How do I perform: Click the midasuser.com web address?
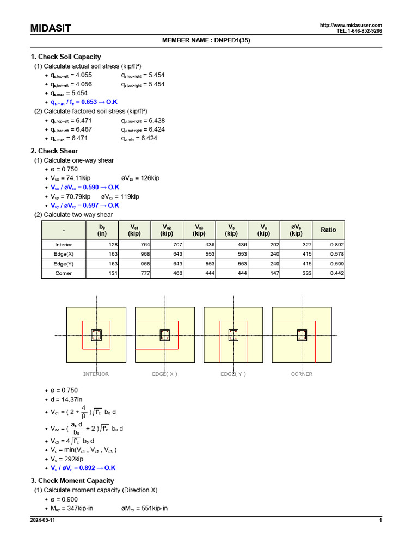point(351,26)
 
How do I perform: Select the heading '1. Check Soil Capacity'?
point(65,57)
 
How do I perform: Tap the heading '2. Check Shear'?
point(54,151)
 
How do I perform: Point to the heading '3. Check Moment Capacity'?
point(72,480)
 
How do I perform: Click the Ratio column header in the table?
point(328,230)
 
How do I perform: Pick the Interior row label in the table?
point(63,245)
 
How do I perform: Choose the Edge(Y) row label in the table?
point(63,264)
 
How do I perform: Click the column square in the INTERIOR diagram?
point(96,335)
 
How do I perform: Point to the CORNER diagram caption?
point(302,374)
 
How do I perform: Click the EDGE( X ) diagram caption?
point(164,374)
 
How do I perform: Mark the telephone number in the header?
point(359,31)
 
